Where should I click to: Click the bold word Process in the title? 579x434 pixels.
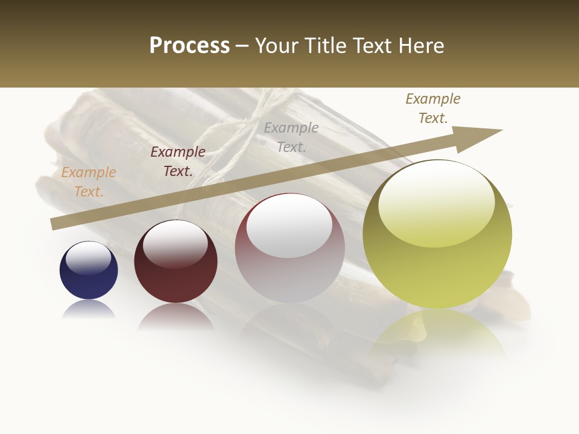pos(189,46)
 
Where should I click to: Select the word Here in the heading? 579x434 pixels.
pos(422,46)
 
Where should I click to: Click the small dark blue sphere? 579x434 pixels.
pos(89,277)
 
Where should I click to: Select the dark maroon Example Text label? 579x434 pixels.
pos(178,162)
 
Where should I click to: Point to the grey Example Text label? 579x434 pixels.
pos(291,137)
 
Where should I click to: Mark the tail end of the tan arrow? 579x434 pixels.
pos(55,224)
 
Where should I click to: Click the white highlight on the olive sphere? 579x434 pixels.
pos(435,205)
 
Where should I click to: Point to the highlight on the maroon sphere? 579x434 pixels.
pos(175,245)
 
